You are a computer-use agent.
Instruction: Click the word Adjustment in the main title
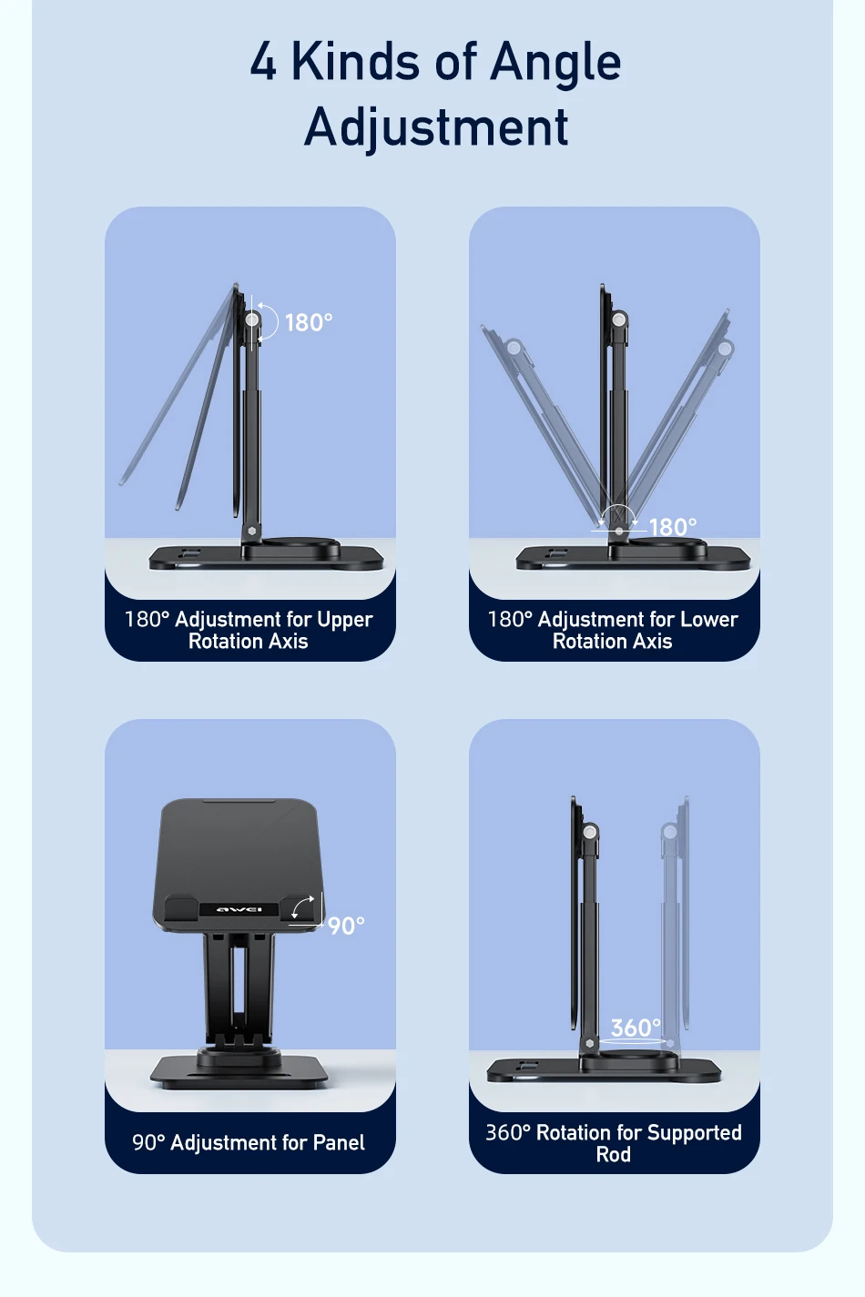point(436,127)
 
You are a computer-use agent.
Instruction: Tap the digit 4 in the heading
point(263,62)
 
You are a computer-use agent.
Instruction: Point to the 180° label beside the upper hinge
point(309,323)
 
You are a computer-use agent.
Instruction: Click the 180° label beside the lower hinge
point(673,527)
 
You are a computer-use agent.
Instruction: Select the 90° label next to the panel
point(346,926)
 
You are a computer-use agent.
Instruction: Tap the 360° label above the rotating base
point(635,1028)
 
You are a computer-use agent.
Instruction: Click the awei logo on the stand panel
point(239,909)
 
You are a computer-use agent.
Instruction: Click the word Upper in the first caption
point(345,620)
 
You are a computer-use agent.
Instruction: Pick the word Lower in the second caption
point(709,620)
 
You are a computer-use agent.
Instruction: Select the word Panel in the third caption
point(339,1143)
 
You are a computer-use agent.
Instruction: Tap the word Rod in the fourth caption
point(614,1155)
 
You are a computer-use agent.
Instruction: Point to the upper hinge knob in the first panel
point(252,319)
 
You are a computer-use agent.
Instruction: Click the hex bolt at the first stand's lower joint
point(251,530)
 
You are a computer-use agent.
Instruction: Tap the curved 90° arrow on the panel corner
point(303,907)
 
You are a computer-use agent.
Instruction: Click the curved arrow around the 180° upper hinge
point(269,322)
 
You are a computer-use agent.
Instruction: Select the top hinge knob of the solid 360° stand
point(590,831)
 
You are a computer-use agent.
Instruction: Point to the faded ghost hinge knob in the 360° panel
point(670,832)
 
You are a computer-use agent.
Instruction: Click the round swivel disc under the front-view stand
point(239,1058)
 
